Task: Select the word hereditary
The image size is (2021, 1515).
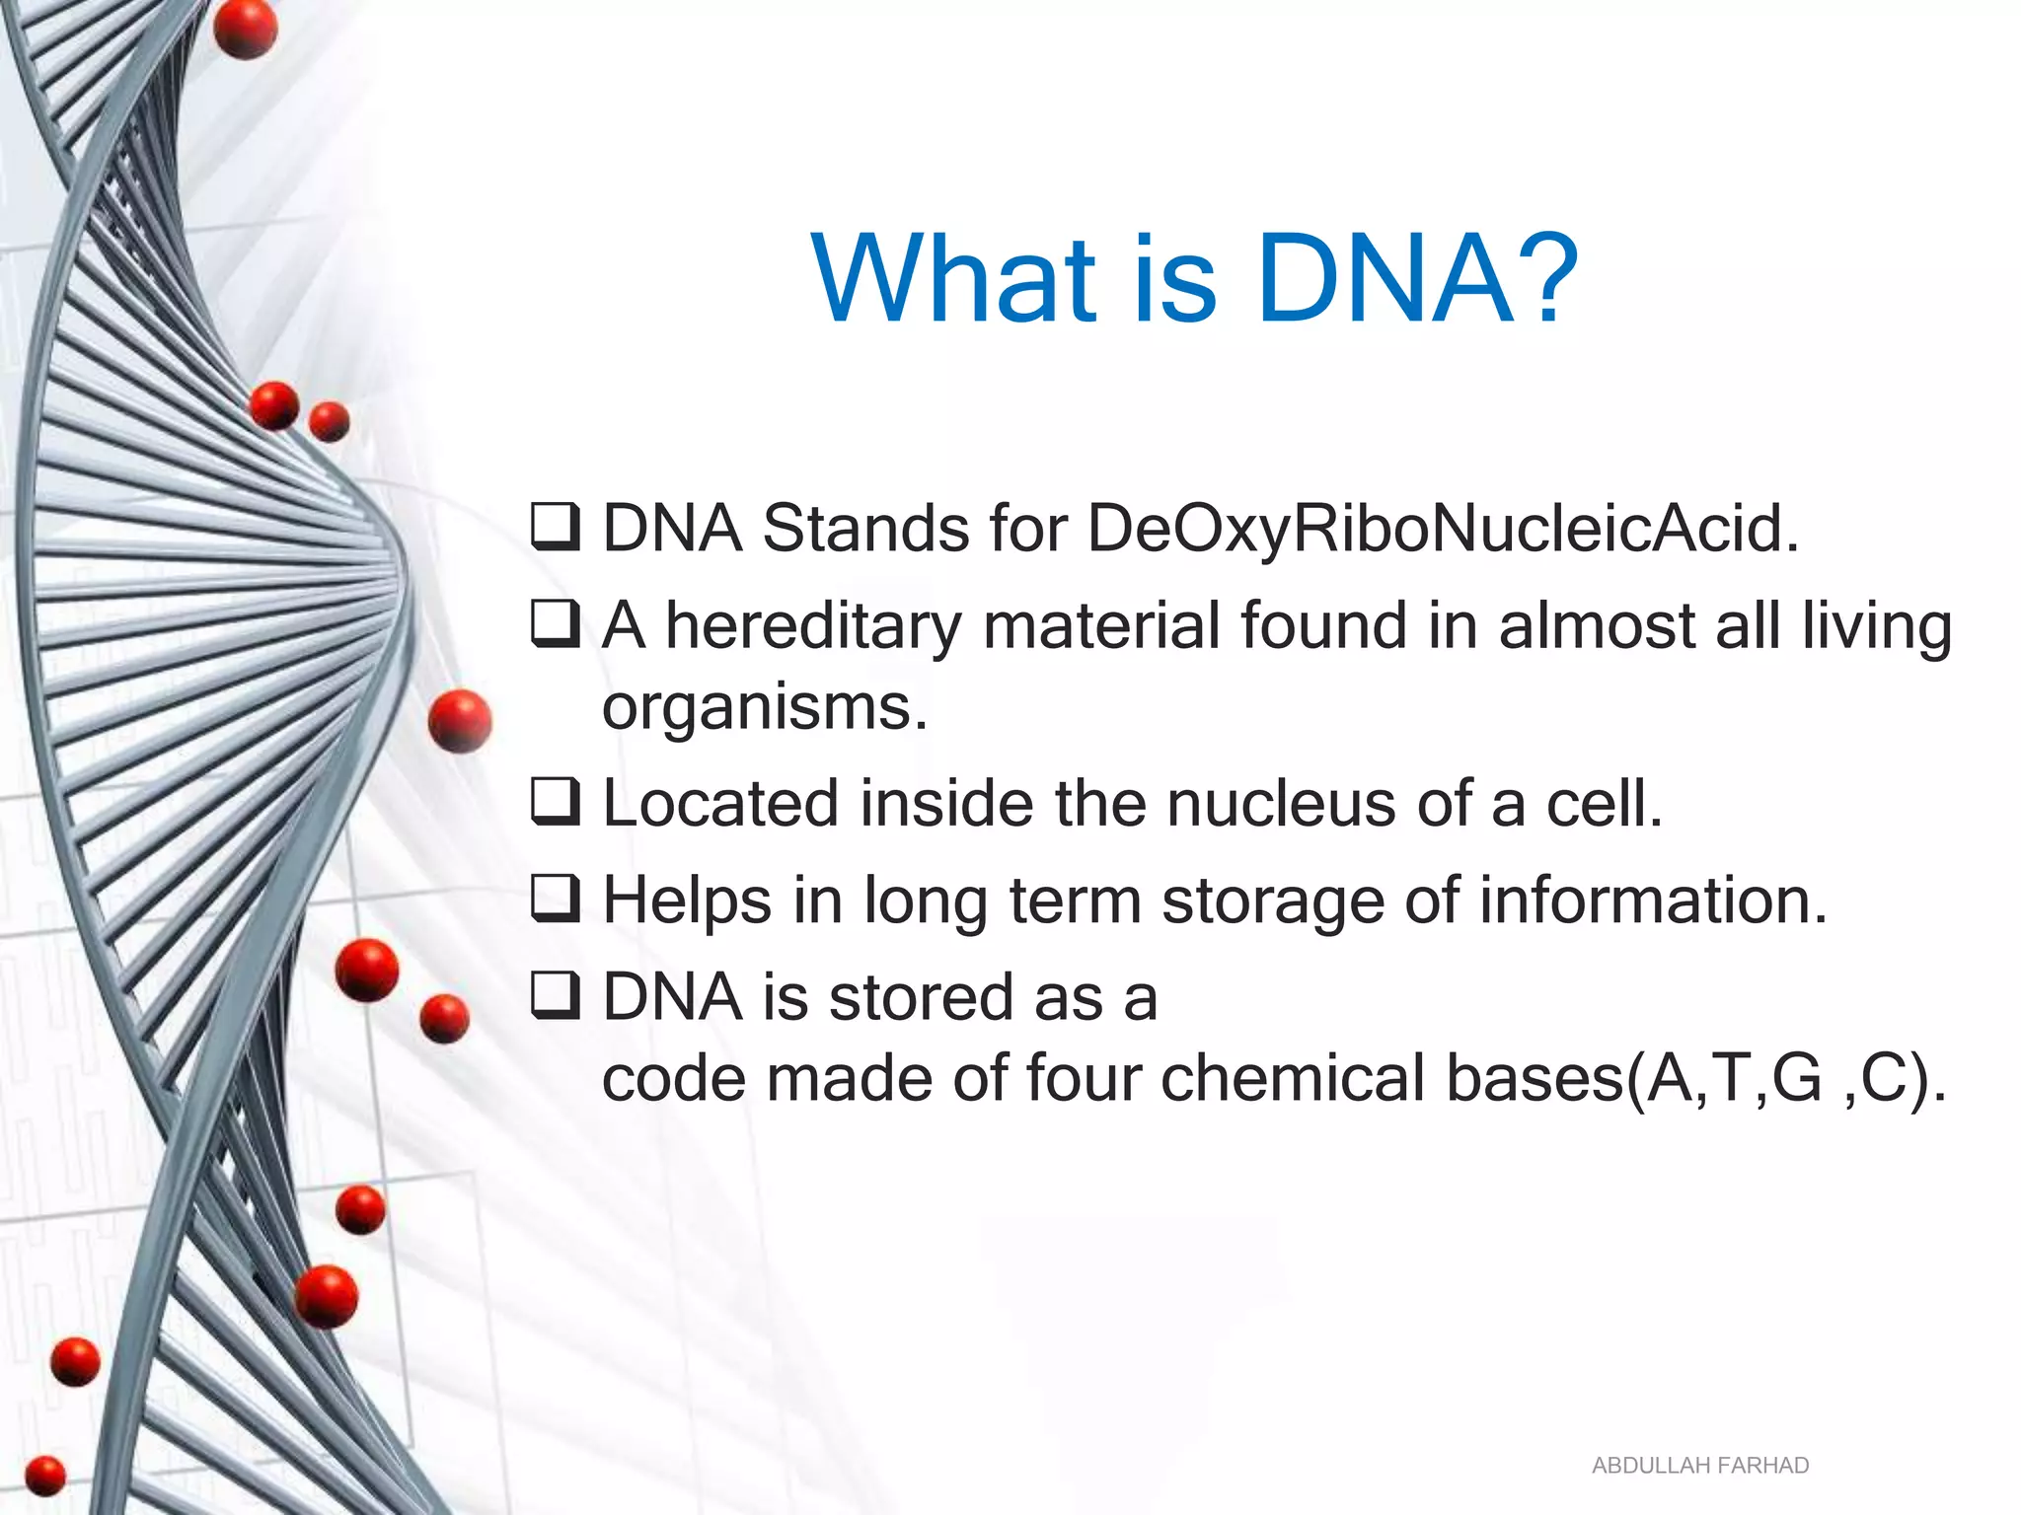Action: pyautogui.click(x=813, y=626)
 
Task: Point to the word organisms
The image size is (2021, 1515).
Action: pyautogui.click(x=765, y=708)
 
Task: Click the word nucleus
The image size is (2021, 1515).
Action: pyautogui.click(x=1282, y=803)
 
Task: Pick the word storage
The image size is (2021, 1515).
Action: pyautogui.click(x=1273, y=901)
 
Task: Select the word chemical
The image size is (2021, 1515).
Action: pyautogui.click(x=1293, y=1077)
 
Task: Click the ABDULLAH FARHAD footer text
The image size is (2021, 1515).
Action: pyautogui.click(x=1699, y=1466)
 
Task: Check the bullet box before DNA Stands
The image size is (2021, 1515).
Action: pyautogui.click(x=556, y=527)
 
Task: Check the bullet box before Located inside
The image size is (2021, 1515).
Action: pyautogui.click(x=556, y=801)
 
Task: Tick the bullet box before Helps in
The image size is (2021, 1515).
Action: pyautogui.click(x=556, y=899)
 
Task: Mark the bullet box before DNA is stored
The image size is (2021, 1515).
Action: pyautogui.click(x=556, y=995)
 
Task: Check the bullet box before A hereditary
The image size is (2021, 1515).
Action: pyautogui.click(x=556, y=624)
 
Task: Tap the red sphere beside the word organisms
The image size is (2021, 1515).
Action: pyautogui.click(x=460, y=721)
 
